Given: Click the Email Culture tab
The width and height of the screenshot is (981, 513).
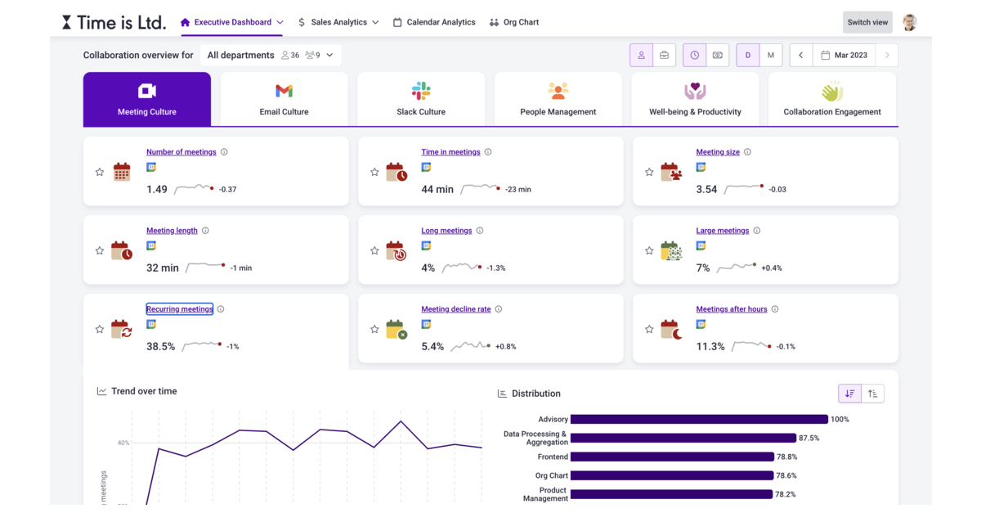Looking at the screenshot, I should click(284, 99).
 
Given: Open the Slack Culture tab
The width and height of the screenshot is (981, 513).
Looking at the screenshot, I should click(421, 99).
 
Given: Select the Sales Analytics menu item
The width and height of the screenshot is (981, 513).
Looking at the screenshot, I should click(338, 22).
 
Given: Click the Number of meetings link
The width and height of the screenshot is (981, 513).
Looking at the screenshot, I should click(181, 152).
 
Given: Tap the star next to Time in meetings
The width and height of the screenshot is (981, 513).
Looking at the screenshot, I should click(374, 173).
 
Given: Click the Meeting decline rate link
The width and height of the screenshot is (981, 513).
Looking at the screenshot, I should click(455, 309).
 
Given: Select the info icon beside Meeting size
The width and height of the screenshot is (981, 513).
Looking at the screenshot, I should click(747, 152).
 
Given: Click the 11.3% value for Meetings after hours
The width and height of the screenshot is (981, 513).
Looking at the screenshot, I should click(710, 347).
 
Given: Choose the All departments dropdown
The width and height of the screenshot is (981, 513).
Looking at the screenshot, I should click(270, 55).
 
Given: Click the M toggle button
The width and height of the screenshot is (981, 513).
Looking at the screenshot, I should click(771, 55).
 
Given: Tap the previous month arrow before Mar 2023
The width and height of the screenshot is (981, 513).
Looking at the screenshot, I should click(800, 55).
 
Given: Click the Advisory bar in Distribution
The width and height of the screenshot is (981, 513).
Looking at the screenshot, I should click(699, 419).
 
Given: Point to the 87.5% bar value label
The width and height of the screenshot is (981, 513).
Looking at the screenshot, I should click(809, 438).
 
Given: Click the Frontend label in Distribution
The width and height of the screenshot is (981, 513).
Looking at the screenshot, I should click(553, 457).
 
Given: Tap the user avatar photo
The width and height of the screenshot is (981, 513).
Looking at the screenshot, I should click(909, 22).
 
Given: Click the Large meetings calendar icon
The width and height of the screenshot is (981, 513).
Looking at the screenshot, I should click(670, 251).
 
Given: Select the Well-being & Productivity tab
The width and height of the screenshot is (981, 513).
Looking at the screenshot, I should click(695, 99).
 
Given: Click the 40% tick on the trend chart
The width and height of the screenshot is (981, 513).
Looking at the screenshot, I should click(123, 443).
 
